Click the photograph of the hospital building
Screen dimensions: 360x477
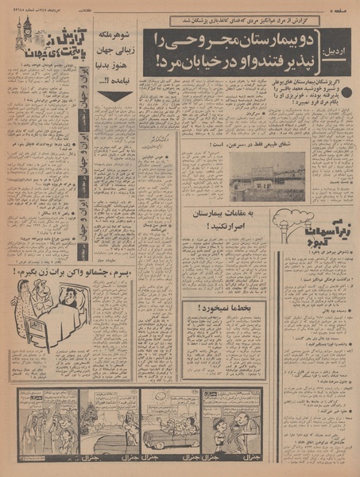(x=267, y=176)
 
